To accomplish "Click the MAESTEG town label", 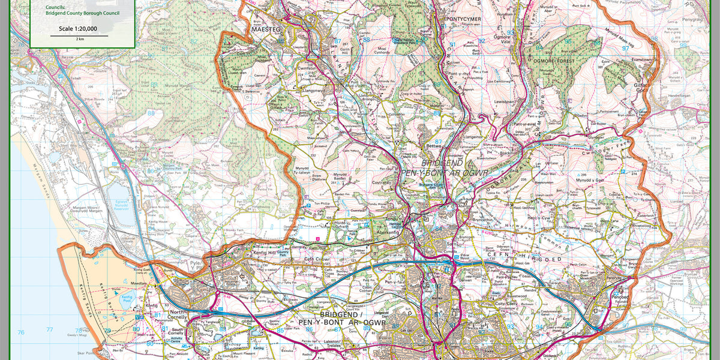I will [x=265, y=29].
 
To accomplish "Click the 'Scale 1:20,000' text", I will [x=78, y=28].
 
